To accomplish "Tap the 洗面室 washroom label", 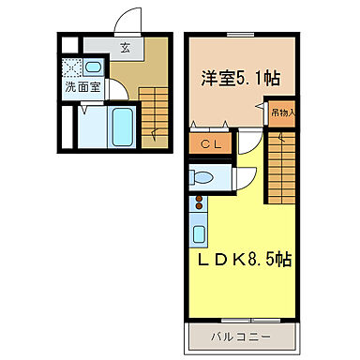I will pyautogui.click(x=82, y=87).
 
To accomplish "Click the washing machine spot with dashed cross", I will pyautogui.click(x=71, y=67).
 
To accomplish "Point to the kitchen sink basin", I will pyautogui.click(x=200, y=232).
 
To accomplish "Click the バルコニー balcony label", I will pyautogui.click(x=240, y=335).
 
